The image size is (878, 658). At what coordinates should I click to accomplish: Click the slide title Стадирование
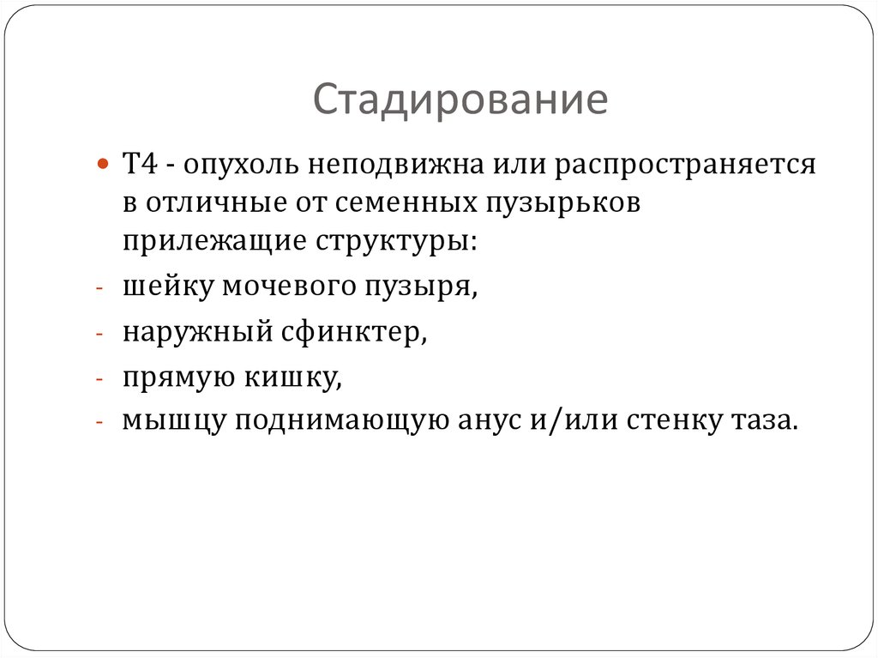point(460,100)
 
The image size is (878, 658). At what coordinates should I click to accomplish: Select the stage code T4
point(139,164)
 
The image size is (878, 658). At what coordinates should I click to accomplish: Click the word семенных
point(394,203)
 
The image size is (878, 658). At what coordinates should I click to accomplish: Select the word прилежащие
point(207,242)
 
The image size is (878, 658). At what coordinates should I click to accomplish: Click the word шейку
point(168,288)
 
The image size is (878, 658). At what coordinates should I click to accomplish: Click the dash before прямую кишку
point(100,378)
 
